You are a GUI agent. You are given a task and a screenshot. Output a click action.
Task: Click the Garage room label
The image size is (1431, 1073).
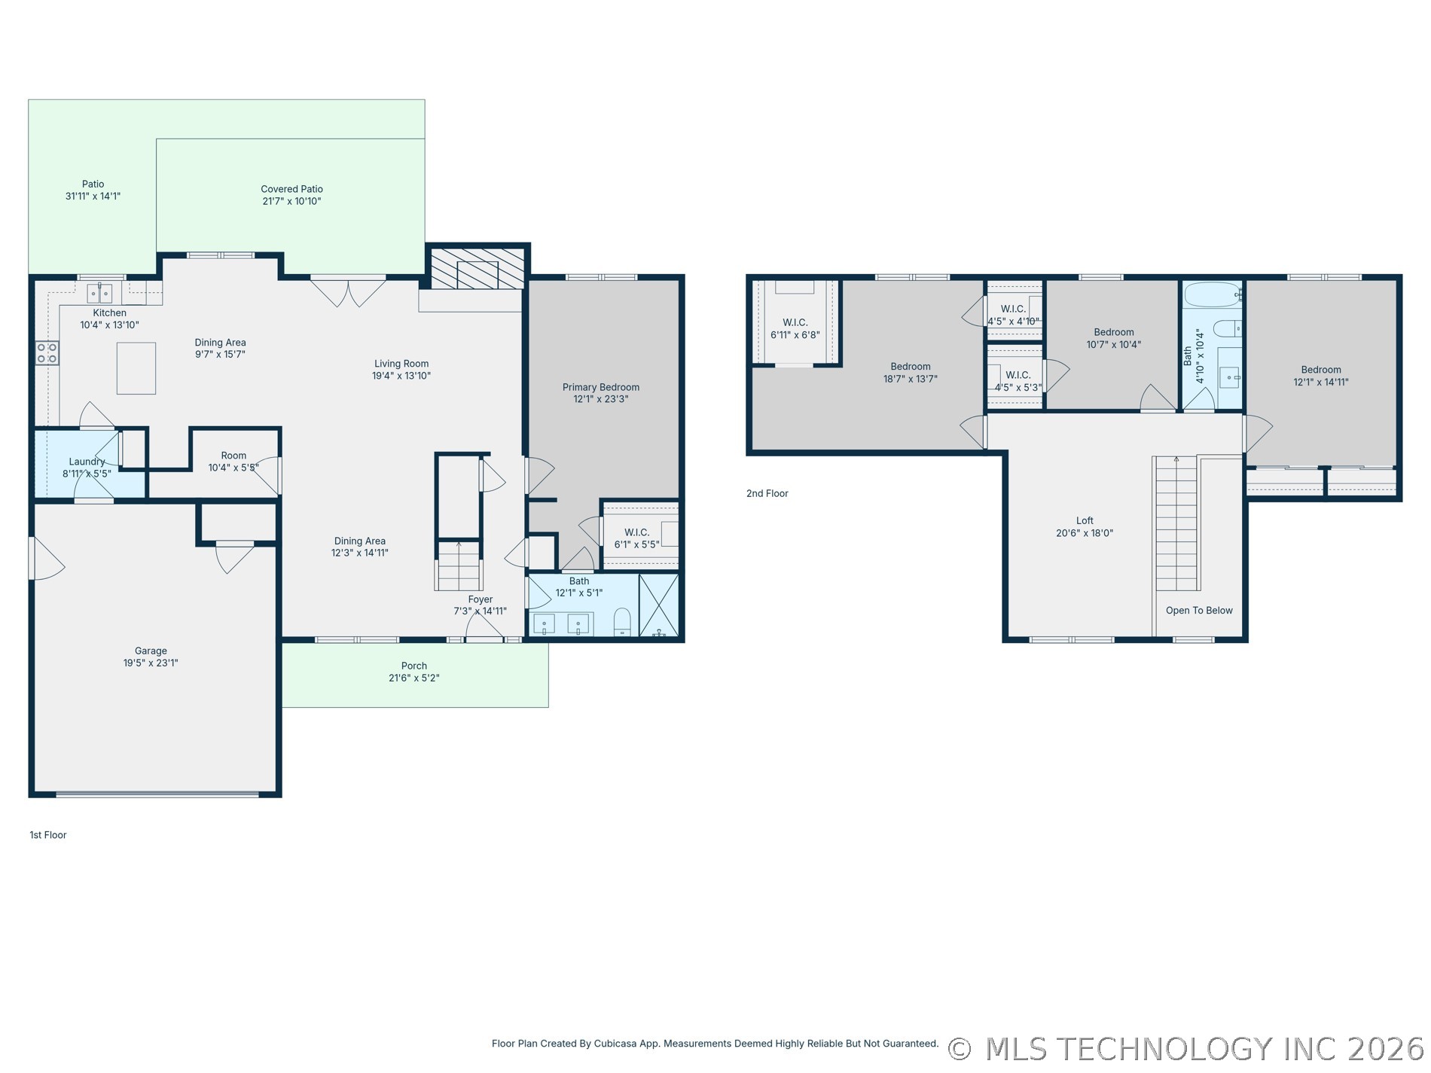coord(151,651)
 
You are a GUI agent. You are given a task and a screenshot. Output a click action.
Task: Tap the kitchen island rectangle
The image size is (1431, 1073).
coord(136,368)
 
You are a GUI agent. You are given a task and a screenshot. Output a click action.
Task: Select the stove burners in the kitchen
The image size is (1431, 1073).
coord(47,353)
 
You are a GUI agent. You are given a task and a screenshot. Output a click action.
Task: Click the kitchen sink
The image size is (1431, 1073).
coord(99,292)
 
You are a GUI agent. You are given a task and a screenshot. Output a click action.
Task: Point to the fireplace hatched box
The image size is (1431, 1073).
coord(477,268)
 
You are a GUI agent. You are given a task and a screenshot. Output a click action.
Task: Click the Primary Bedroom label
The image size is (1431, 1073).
coord(601,387)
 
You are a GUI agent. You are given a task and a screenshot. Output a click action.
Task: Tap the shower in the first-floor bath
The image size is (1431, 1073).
coord(659,605)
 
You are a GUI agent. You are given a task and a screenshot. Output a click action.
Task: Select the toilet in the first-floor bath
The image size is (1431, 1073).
coord(622,621)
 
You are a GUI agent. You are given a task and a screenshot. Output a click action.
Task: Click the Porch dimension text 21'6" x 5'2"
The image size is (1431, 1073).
coord(414,678)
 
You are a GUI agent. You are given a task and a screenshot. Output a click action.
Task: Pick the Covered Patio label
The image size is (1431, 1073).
coord(292,189)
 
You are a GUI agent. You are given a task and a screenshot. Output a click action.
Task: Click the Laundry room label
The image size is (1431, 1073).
coord(87,462)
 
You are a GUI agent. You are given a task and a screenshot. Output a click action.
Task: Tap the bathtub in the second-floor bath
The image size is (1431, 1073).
coord(1213,294)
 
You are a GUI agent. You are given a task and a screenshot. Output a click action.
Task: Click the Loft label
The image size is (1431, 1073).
coord(1085,520)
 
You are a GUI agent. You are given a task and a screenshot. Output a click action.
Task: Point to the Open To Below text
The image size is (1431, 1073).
coord(1199,611)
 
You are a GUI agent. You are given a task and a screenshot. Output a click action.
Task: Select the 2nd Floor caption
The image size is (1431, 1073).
coord(767,493)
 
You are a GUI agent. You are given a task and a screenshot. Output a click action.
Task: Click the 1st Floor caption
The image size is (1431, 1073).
coord(48,835)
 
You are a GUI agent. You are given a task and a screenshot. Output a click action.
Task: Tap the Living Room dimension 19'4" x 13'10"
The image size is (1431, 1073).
coord(401,376)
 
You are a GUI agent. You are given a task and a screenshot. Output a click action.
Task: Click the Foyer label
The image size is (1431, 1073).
coord(481,599)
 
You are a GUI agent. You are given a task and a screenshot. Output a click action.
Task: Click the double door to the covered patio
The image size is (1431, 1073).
coord(349,292)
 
